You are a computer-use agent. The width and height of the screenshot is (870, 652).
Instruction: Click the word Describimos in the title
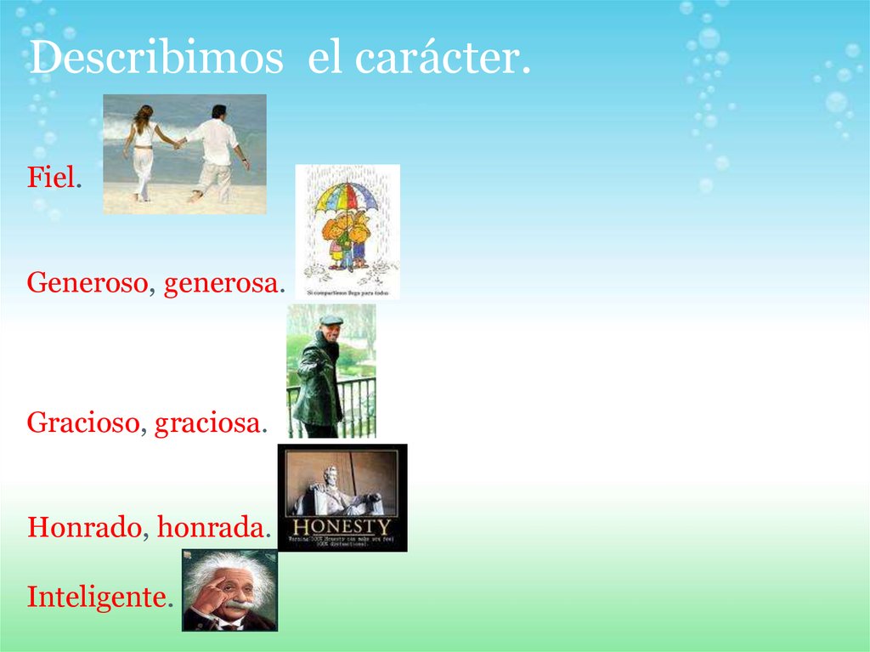tap(155, 59)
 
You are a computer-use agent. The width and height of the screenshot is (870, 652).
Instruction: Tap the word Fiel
tap(53, 178)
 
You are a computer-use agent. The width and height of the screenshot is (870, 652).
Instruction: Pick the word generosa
tap(220, 282)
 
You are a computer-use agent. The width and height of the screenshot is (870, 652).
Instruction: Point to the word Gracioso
tap(82, 422)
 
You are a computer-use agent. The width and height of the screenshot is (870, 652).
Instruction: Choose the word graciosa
tap(206, 422)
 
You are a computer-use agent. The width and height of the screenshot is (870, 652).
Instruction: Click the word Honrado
tap(83, 527)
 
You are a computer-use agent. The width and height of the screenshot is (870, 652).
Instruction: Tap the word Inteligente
tap(95, 597)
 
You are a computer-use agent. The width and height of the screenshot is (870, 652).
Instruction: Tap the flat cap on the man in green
tap(330, 320)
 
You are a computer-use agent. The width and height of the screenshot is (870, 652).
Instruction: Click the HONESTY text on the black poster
tap(342, 527)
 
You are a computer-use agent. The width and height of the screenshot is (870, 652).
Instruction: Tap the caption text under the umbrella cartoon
tap(347, 292)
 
